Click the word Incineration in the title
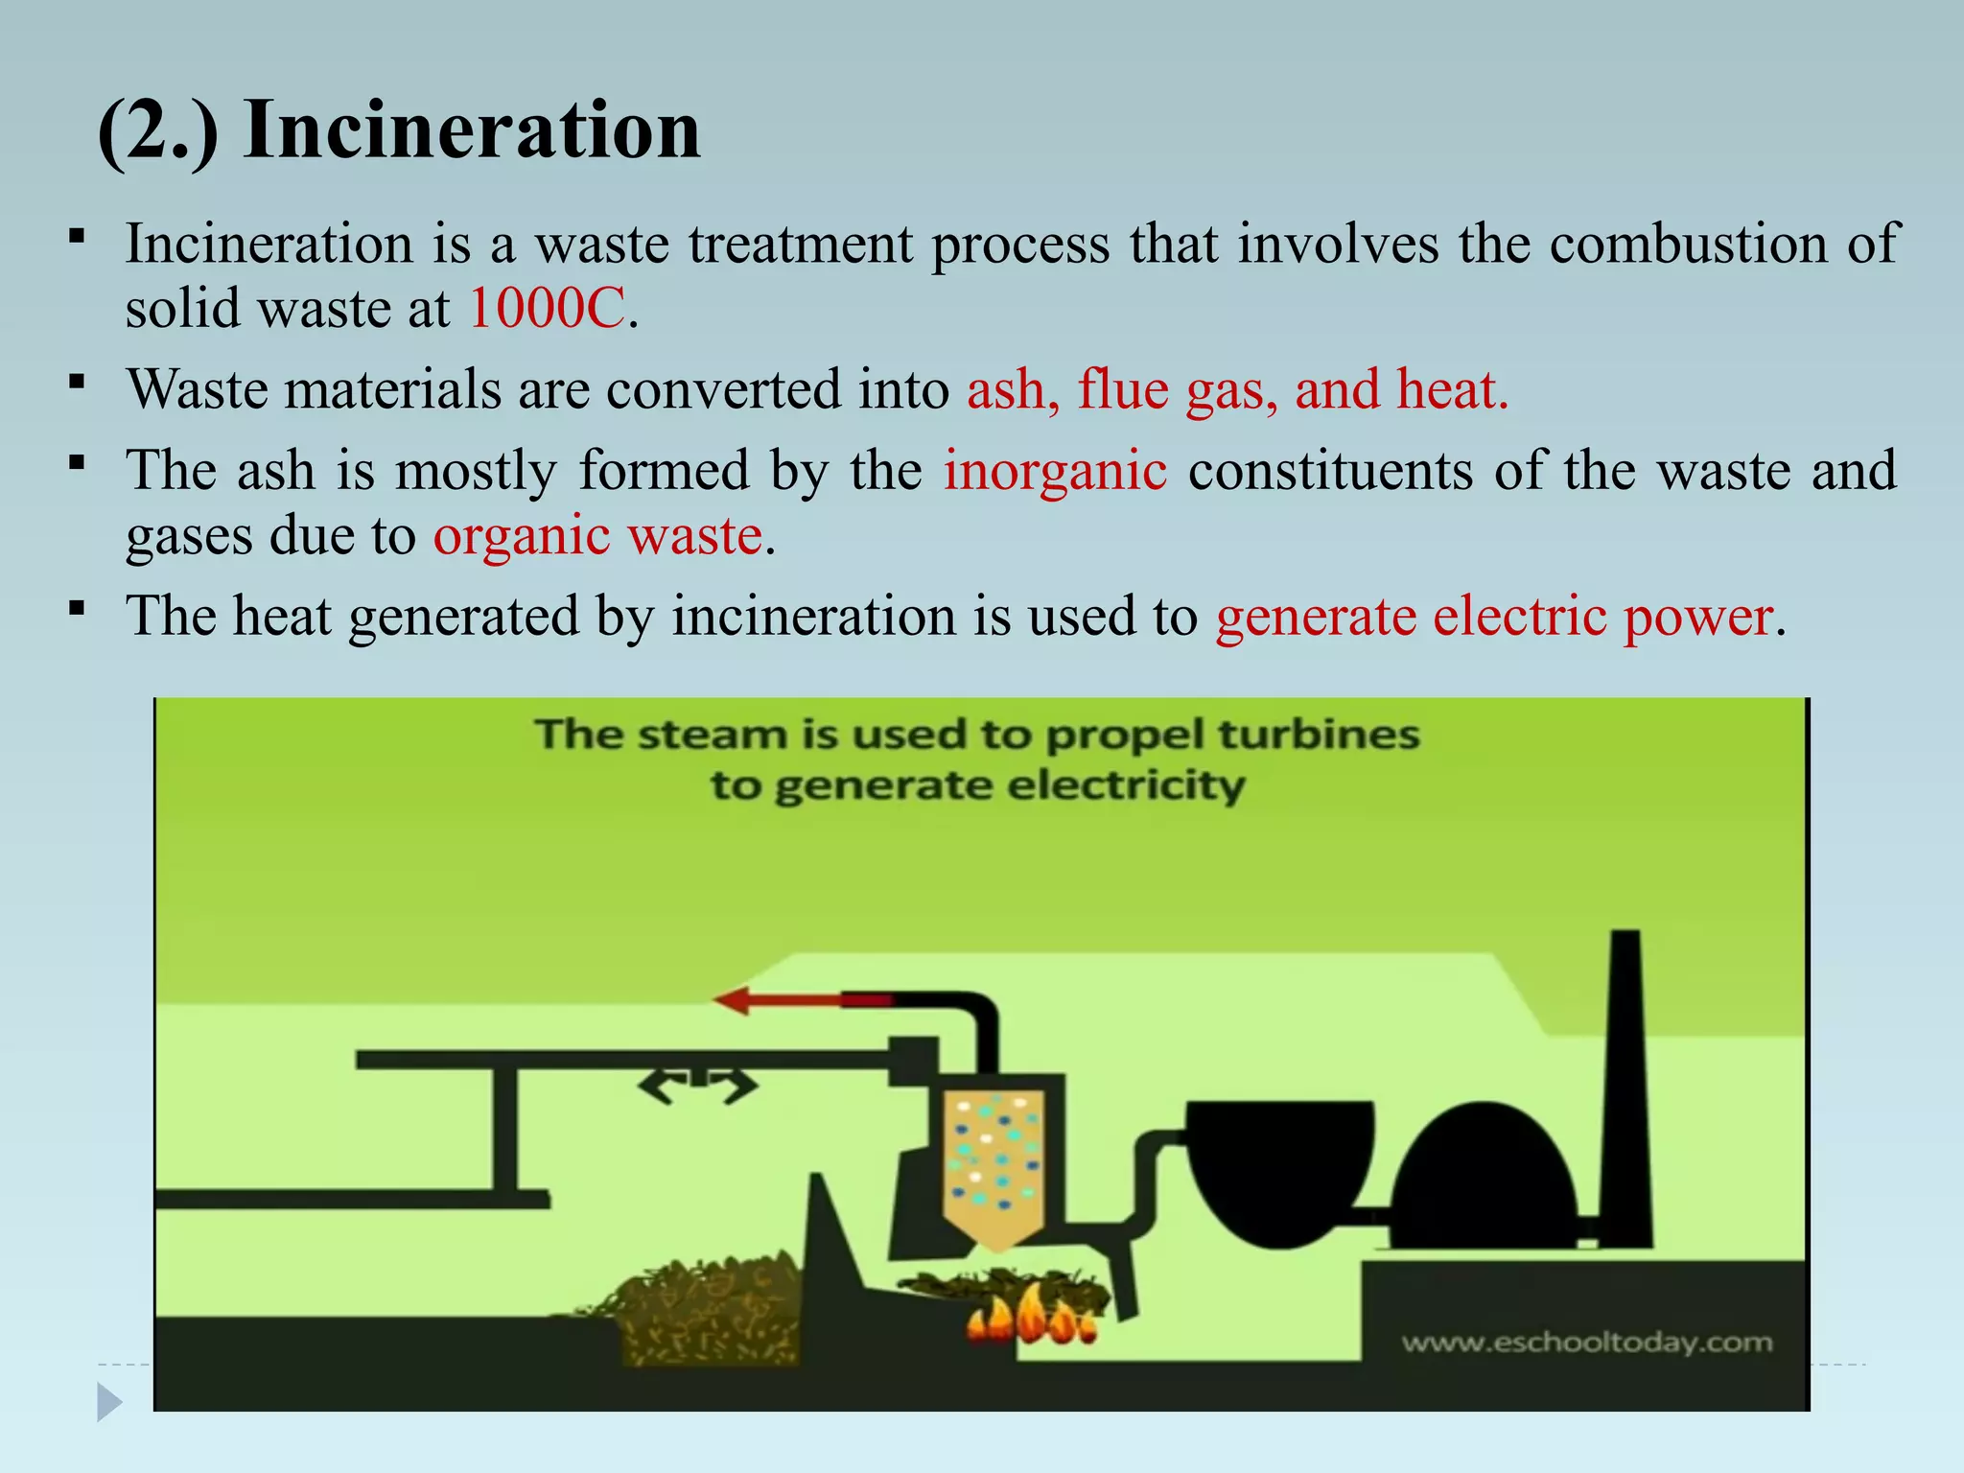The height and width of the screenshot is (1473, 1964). click(472, 130)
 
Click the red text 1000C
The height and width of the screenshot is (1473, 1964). click(547, 309)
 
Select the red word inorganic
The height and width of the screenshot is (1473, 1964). click(1055, 472)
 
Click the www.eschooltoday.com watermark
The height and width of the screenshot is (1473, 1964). click(1587, 1342)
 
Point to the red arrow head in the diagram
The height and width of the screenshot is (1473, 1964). click(734, 1000)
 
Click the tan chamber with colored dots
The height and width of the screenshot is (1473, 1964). click(995, 1165)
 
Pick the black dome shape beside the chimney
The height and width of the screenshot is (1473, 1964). click(1485, 1180)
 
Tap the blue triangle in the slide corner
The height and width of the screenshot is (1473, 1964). click(109, 1402)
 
